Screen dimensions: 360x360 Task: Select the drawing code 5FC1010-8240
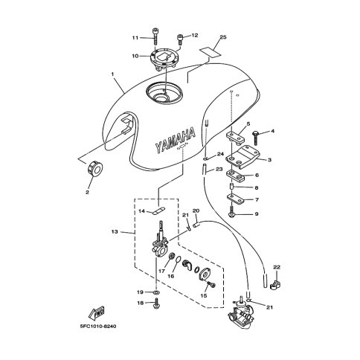(x=98, y=327)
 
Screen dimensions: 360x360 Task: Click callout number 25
(x=223, y=37)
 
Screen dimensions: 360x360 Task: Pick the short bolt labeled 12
(x=180, y=39)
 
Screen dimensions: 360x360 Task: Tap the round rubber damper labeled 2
(x=94, y=169)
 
